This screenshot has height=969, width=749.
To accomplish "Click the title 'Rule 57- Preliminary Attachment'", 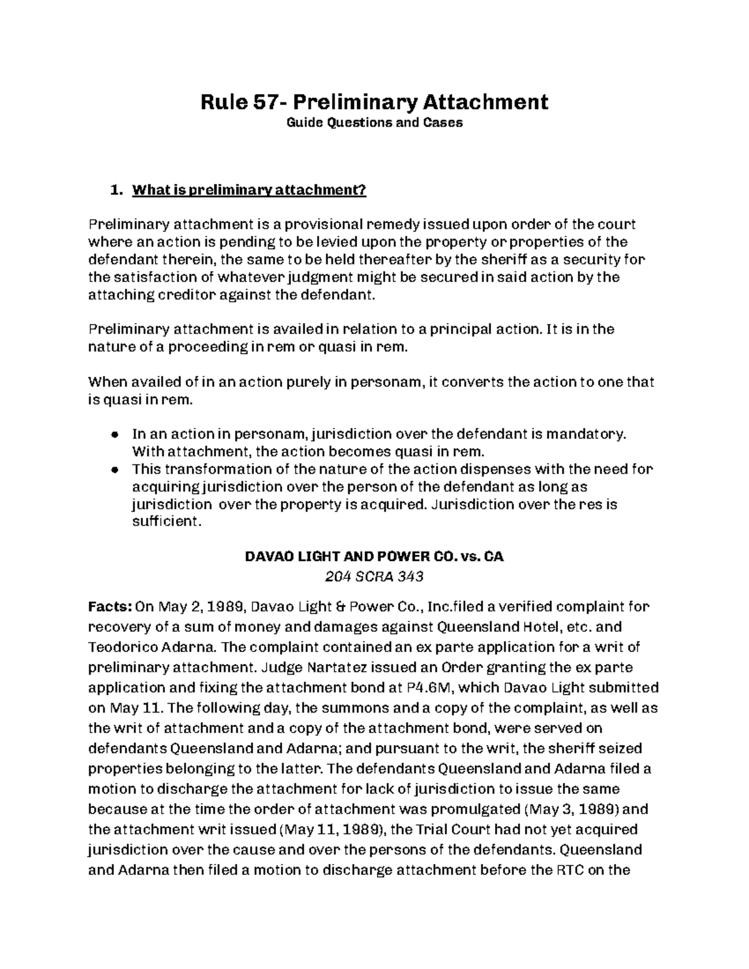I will pos(374,101).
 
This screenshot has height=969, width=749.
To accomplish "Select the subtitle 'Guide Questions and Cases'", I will pos(374,123).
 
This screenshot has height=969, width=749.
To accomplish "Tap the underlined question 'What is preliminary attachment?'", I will pos(249,190).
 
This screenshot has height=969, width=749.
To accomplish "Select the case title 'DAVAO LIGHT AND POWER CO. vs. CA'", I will pos(374,557).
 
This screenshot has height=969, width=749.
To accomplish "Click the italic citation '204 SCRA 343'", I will pos(374,577).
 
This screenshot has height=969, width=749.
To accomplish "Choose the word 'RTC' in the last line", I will pos(570,870).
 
